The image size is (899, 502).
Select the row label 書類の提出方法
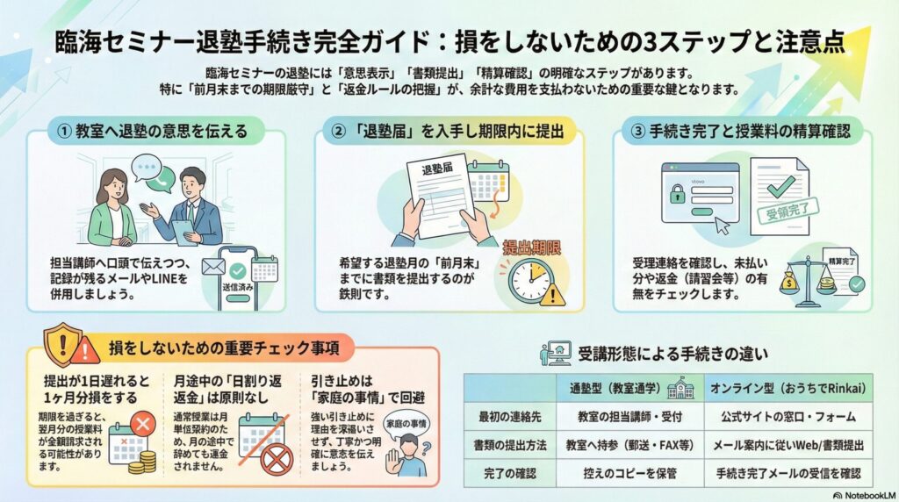(x=506, y=444)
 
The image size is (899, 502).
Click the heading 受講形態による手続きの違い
(x=672, y=355)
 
